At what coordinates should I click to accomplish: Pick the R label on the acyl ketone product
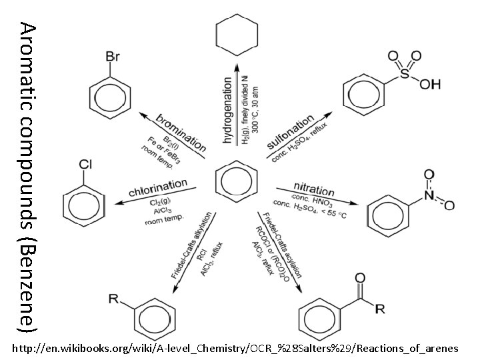tap(379, 308)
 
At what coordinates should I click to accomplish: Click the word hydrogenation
tap(227, 109)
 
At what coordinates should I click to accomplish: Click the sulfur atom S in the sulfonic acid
tap(405, 75)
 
